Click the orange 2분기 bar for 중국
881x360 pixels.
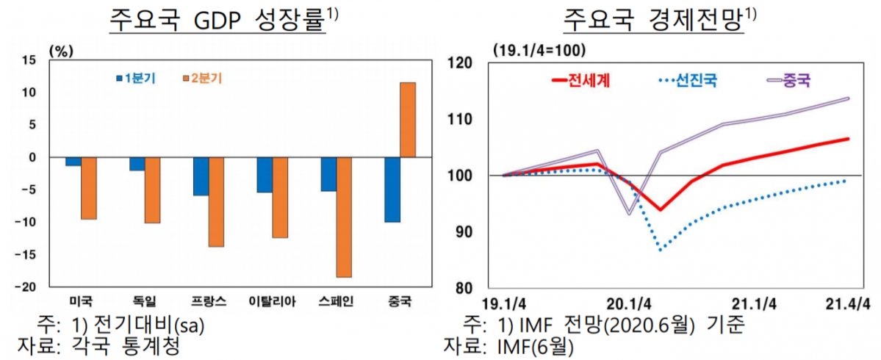(x=408, y=120)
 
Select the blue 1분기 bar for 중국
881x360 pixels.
(x=392, y=189)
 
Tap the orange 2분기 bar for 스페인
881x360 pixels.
(x=344, y=217)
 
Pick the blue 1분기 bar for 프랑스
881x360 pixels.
(x=201, y=176)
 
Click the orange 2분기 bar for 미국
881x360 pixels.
(x=88, y=188)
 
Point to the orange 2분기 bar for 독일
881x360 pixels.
(x=152, y=190)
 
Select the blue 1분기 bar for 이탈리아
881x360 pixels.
(x=265, y=175)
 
